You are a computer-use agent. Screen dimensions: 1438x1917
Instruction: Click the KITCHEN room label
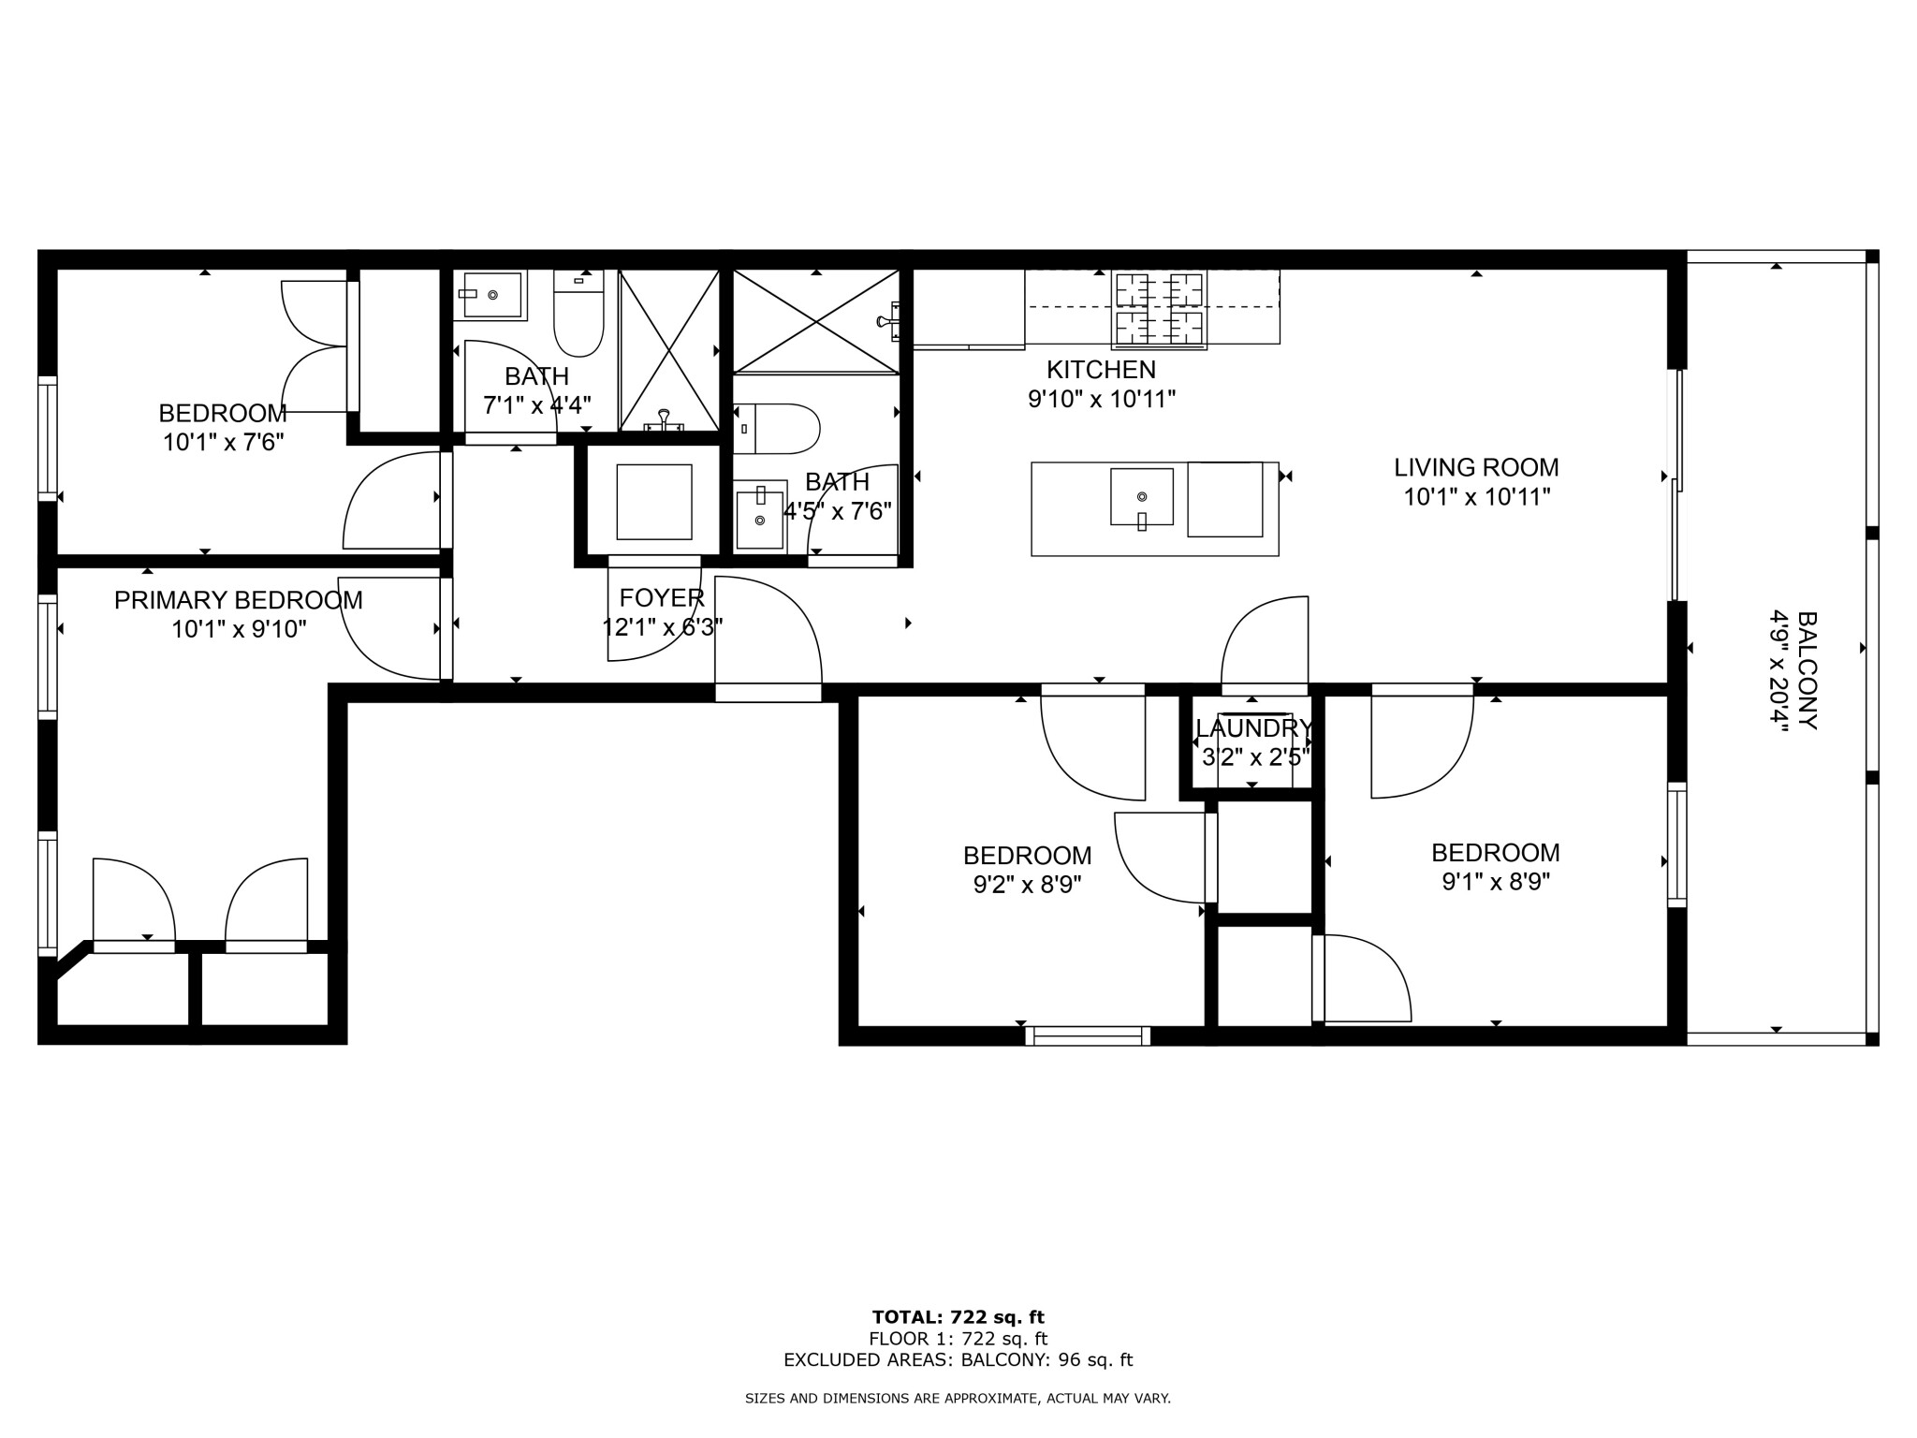click(x=1101, y=370)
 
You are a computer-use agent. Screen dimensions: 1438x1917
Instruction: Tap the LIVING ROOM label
click(x=1476, y=467)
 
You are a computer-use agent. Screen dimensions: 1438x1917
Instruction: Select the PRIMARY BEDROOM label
click(x=238, y=600)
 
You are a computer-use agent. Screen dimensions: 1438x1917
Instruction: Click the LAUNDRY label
click(x=1253, y=728)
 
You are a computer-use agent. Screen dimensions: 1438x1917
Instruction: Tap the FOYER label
click(x=661, y=598)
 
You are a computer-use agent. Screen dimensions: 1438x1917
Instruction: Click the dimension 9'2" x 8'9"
click(x=1027, y=885)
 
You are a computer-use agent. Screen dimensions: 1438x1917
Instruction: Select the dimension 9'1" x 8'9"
click(x=1495, y=882)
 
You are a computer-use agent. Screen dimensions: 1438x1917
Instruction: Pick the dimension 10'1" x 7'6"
click(x=223, y=443)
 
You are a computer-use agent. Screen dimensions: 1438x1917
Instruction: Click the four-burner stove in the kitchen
click(x=1159, y=310)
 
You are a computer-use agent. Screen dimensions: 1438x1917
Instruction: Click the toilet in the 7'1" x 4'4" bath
click(x=578, y=314)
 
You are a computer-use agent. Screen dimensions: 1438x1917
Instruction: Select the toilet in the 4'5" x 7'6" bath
click(x=776, y=429)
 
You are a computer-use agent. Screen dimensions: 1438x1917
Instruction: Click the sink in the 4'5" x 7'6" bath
click(x=759, y=517)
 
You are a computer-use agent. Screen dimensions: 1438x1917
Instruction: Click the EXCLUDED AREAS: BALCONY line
click(x=958, y=1360)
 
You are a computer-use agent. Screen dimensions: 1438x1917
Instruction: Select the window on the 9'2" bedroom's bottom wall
click(x=1087, y=1035)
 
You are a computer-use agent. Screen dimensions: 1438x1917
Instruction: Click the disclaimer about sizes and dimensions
click(x=958, y=1398)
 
